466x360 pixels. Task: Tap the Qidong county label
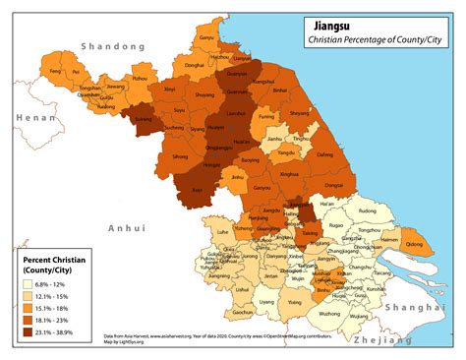pyautogui.click(x=415, y=245)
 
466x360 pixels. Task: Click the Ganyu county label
pyautogui.click(x=206, y=38)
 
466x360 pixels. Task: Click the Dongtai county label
pyautogui.click(x=333, y=185)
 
